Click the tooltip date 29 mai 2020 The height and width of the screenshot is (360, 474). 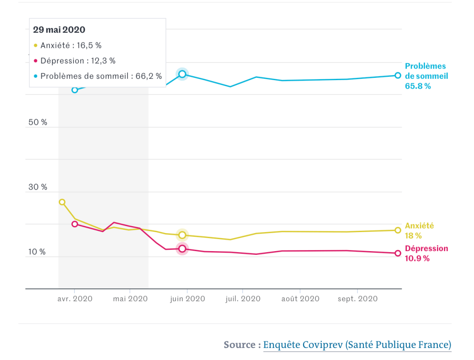59,30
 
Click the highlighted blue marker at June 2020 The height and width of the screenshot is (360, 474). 182,74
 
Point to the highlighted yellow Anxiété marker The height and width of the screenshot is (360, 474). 182,235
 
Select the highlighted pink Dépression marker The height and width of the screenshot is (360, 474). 182,249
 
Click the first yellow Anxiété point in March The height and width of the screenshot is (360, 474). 62,202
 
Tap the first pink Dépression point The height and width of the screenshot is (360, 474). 75,224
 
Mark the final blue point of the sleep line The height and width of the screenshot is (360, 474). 398,75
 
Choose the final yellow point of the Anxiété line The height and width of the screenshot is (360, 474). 398,230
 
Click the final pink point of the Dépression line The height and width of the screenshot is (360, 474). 398,253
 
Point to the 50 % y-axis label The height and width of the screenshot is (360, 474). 37,122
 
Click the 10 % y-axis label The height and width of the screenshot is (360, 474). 37,252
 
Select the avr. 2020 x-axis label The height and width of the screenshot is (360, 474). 75,299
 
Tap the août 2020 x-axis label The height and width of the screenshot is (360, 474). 300,299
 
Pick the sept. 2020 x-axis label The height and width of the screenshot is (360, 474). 358,299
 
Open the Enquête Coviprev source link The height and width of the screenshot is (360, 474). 357,345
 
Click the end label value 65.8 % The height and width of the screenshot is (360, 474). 418,86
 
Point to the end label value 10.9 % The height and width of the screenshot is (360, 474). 417,259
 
